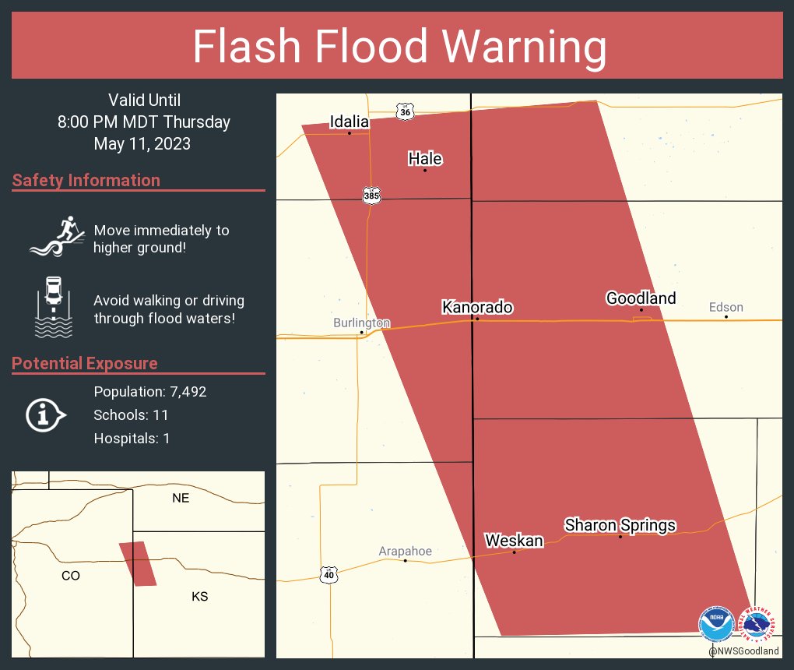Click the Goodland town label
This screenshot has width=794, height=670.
641,298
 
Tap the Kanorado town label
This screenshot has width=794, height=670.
477,308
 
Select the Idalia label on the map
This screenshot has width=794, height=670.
349,122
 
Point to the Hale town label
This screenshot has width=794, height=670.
425,159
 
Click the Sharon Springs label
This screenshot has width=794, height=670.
620,526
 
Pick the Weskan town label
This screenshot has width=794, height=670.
514,541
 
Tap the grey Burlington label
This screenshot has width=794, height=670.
361,323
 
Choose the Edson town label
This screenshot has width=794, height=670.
725,307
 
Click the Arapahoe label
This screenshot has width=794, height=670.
405,552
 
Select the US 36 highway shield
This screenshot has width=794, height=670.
404,112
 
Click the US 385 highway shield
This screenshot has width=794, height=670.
371,195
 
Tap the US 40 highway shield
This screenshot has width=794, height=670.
328,574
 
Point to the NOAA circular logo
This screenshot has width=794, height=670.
716,625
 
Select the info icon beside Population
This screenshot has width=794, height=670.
45,415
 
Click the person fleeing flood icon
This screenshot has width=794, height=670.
57,235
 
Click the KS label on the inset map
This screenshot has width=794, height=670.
199,597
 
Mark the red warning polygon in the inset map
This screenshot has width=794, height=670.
138,563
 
